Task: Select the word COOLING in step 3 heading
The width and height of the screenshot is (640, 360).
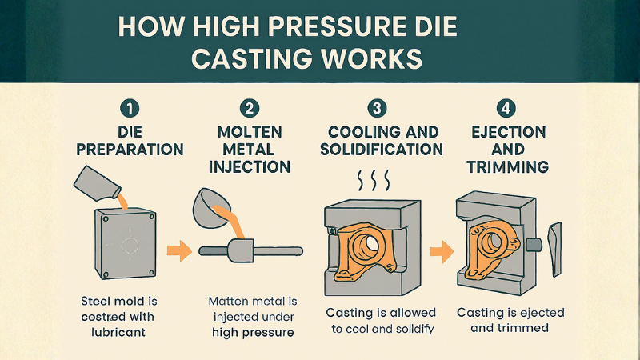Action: coord(362,131)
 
